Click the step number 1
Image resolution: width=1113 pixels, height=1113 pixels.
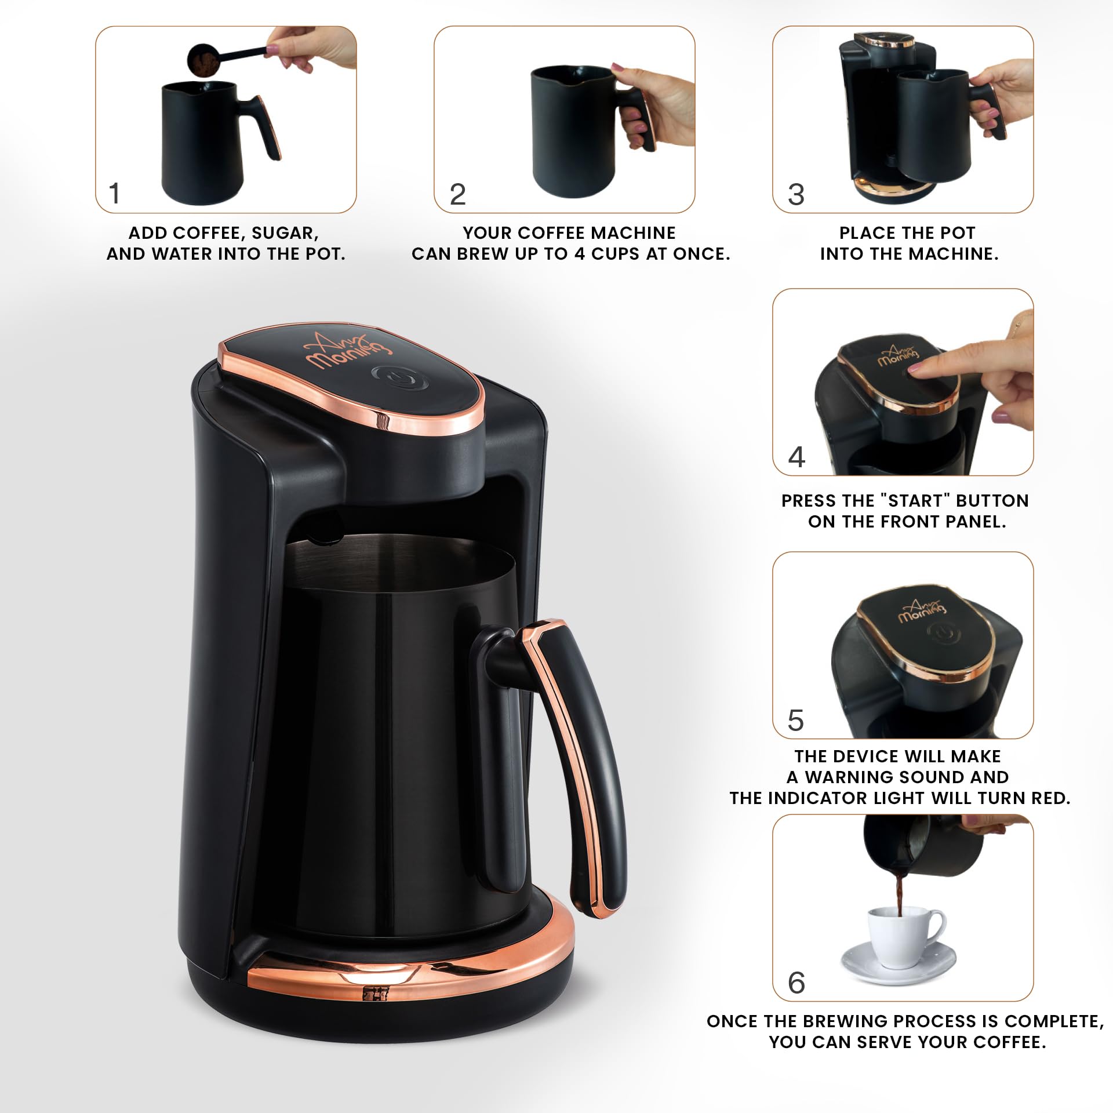pos(115,194)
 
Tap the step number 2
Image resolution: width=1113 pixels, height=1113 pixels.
pos(457,194)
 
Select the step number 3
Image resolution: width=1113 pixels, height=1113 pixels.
pos(796,195)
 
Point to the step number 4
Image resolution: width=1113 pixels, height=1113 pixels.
pos(796,457)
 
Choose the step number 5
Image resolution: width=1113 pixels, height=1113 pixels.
pos(795,721)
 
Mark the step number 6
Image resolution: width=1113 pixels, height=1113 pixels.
pos(796,983)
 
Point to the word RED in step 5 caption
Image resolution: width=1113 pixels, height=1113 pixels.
pos(1049,798)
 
